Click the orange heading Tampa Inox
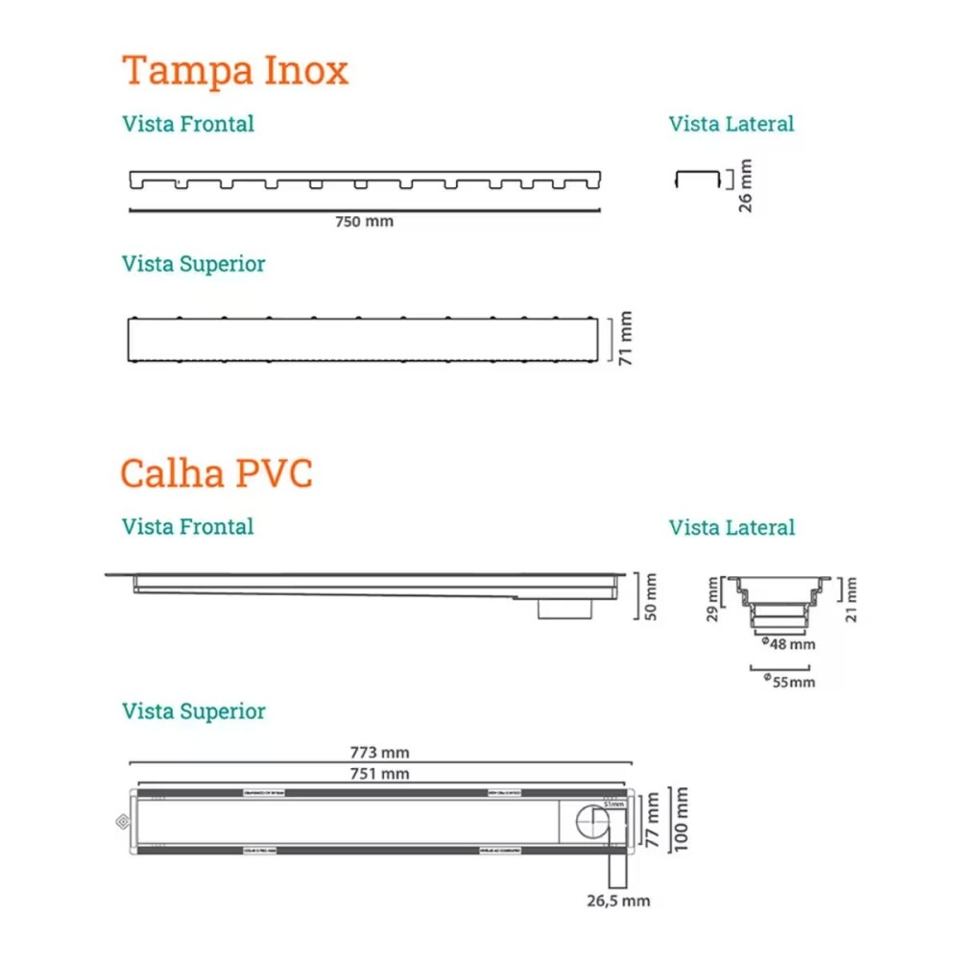tap(235, 71)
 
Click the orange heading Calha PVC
tap(217, 473)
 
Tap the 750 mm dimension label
tap(364, 222)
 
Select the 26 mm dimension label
tap(746, 185)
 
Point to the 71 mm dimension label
tap(627, 338)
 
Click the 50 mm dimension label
tap(652, 596)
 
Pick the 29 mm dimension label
tap(711, 600)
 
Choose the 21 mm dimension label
tap(852, 600)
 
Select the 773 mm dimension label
tap(381, 754)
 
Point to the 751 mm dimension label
tap(381, 774)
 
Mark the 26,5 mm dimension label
tap(619, 900)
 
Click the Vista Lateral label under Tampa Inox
tap(732, 124)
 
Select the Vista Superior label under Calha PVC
tap(193, 711)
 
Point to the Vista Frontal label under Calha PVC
tap(187, 526)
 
